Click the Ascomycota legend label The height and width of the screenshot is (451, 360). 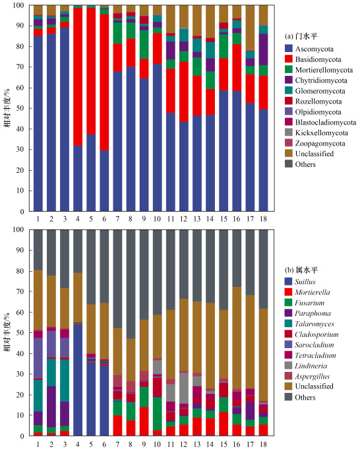click(x=315, y=49)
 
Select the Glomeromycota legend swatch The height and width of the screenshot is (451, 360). click(x=289, y=90)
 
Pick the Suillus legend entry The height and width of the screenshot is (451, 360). click(x=300, y=282)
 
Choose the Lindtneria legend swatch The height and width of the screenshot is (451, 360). click(x=288, y=365)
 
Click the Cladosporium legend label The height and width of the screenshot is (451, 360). click(x=316, y=334)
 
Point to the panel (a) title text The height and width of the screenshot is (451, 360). click(x=301, y=36)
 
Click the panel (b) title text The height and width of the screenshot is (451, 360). click(x=301, y=270)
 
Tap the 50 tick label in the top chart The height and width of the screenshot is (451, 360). click(x=21, y=108)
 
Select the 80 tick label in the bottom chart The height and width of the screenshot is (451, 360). click(x=21, y=271)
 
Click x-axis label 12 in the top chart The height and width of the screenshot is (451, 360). click(x=184, y=219)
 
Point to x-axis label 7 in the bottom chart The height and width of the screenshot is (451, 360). click(x=117, y=444)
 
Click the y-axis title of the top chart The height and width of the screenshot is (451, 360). click(x=7, y=108)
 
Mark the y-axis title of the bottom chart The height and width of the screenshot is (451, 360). click(x=7, y=332)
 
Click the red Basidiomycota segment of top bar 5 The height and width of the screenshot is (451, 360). click(x=91, y=71)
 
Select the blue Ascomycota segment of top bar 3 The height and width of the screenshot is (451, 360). click(x=65, y=119)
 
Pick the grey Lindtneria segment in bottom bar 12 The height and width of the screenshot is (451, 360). click(x=184, y=388)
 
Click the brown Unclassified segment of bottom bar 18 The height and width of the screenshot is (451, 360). click(x=263, y=355)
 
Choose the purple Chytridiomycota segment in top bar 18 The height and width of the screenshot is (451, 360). click(x=263, y=49)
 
